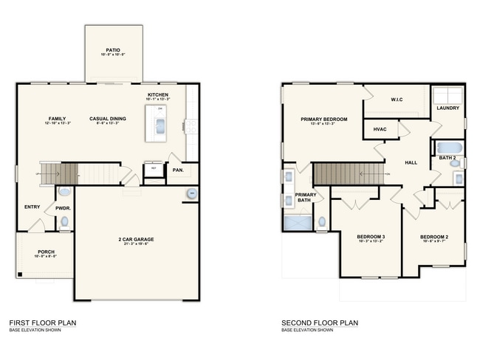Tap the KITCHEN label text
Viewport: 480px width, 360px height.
159,94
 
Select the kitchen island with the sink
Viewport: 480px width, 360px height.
160,123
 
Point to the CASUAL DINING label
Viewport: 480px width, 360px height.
108,118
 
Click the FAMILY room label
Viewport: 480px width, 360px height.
57,118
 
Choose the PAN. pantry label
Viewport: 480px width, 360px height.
177,170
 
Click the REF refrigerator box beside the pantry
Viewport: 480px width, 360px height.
154,169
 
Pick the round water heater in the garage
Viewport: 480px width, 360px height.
191,193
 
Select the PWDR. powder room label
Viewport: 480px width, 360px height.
62,209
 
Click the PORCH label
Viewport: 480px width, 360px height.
46,252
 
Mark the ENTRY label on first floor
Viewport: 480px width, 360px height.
32,207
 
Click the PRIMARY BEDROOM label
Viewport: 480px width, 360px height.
323,119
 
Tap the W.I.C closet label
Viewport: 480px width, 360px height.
396,99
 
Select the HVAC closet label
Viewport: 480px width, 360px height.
380,128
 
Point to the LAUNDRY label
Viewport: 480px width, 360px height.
448,108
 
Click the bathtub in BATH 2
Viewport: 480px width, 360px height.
448,147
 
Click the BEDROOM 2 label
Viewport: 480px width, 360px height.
433,236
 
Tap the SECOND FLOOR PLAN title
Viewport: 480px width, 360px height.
319,322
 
